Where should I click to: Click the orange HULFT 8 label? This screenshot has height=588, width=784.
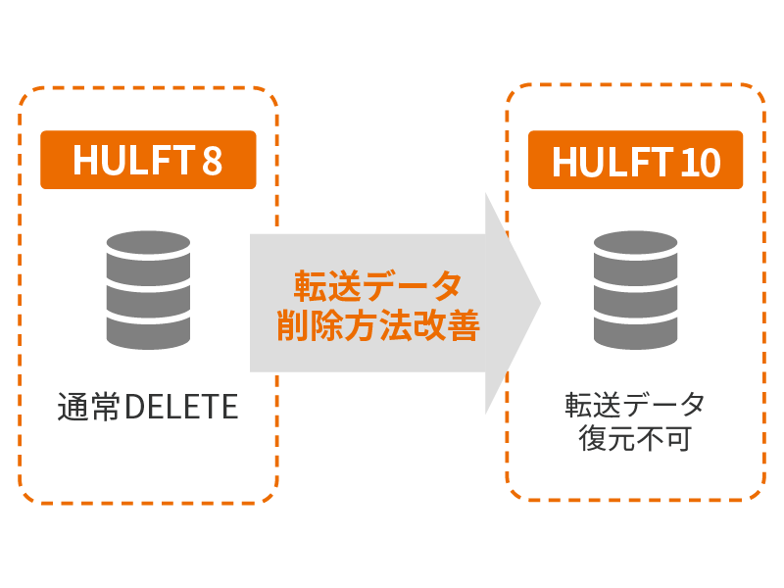pos(148,160)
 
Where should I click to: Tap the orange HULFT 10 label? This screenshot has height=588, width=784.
pos(636,160)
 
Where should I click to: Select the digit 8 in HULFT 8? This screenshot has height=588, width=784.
pos(212,161)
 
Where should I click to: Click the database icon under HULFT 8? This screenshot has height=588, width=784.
pos(148,290)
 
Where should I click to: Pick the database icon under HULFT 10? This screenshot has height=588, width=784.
pos(635,290)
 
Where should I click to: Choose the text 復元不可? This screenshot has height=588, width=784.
pos(635,438)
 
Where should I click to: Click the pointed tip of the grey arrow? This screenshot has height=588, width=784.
pos(538,303)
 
